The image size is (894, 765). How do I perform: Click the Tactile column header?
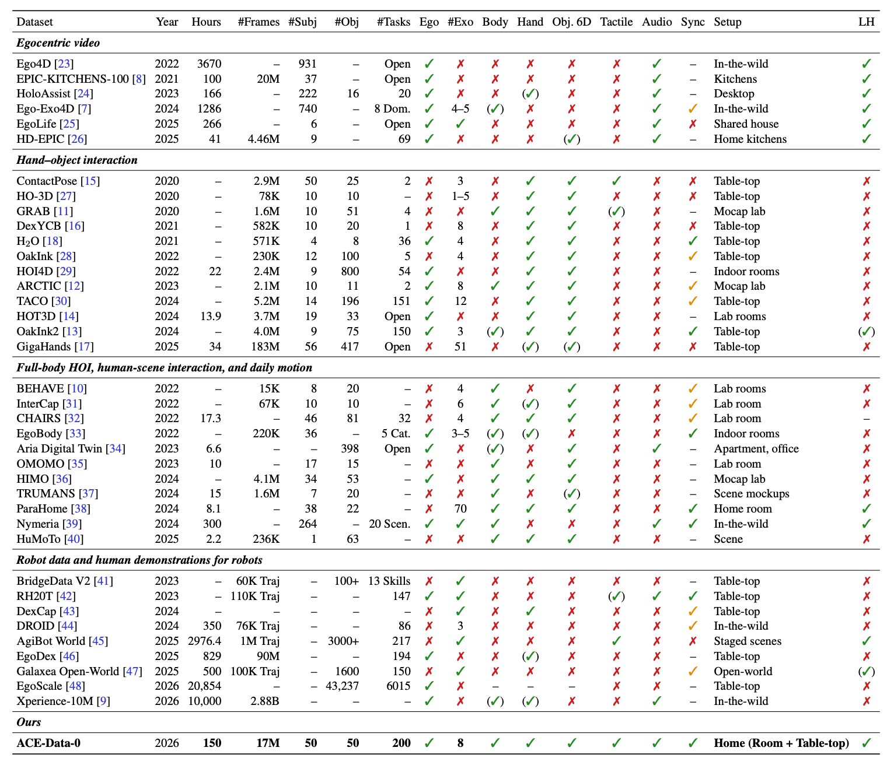[616, 22]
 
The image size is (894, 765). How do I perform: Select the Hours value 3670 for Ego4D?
[209, 64]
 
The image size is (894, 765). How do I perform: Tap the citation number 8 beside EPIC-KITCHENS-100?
[139, 79]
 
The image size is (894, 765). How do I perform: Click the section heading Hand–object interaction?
[76, 160]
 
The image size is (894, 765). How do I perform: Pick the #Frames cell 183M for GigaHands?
[266, 346]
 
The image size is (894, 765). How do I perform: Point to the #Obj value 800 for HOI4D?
[350, 271]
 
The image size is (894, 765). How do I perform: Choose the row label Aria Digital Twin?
[60, 448]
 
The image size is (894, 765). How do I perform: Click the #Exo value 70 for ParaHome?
[460, 508]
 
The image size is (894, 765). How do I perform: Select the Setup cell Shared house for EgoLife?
[746, 124]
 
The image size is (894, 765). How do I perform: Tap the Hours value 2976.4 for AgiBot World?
[204, 641]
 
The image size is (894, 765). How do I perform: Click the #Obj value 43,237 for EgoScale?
[342, 686]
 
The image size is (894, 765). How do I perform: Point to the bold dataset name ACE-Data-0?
[48, 742]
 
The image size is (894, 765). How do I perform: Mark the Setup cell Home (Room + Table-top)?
[781, 742]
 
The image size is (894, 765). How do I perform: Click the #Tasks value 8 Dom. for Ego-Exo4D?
[392, 108]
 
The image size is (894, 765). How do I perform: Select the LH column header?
[867, 22]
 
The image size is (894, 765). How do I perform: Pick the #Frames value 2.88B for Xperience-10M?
[265, 701]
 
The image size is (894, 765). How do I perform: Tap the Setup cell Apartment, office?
[756, 448]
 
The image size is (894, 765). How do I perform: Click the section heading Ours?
[29, 721]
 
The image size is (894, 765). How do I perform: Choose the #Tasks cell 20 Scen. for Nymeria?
[389, 524]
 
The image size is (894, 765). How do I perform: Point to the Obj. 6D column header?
[571, 22]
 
